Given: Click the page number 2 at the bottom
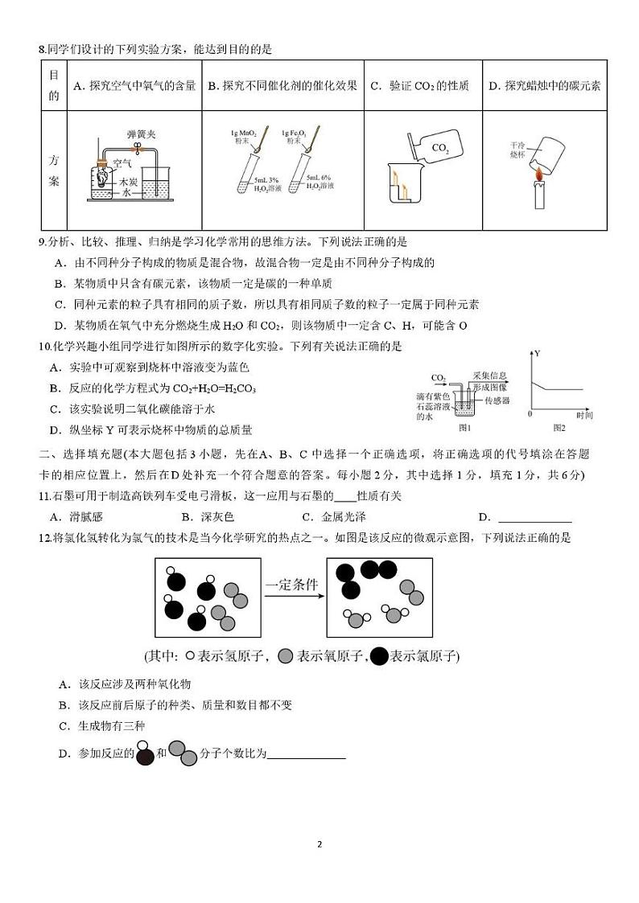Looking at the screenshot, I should pos(319,844).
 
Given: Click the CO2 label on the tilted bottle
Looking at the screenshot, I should pos(440,149).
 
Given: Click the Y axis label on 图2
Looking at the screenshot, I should pos(538,354).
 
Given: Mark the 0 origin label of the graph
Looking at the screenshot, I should pos(529,414).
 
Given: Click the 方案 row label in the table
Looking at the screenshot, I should pos(54,170).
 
